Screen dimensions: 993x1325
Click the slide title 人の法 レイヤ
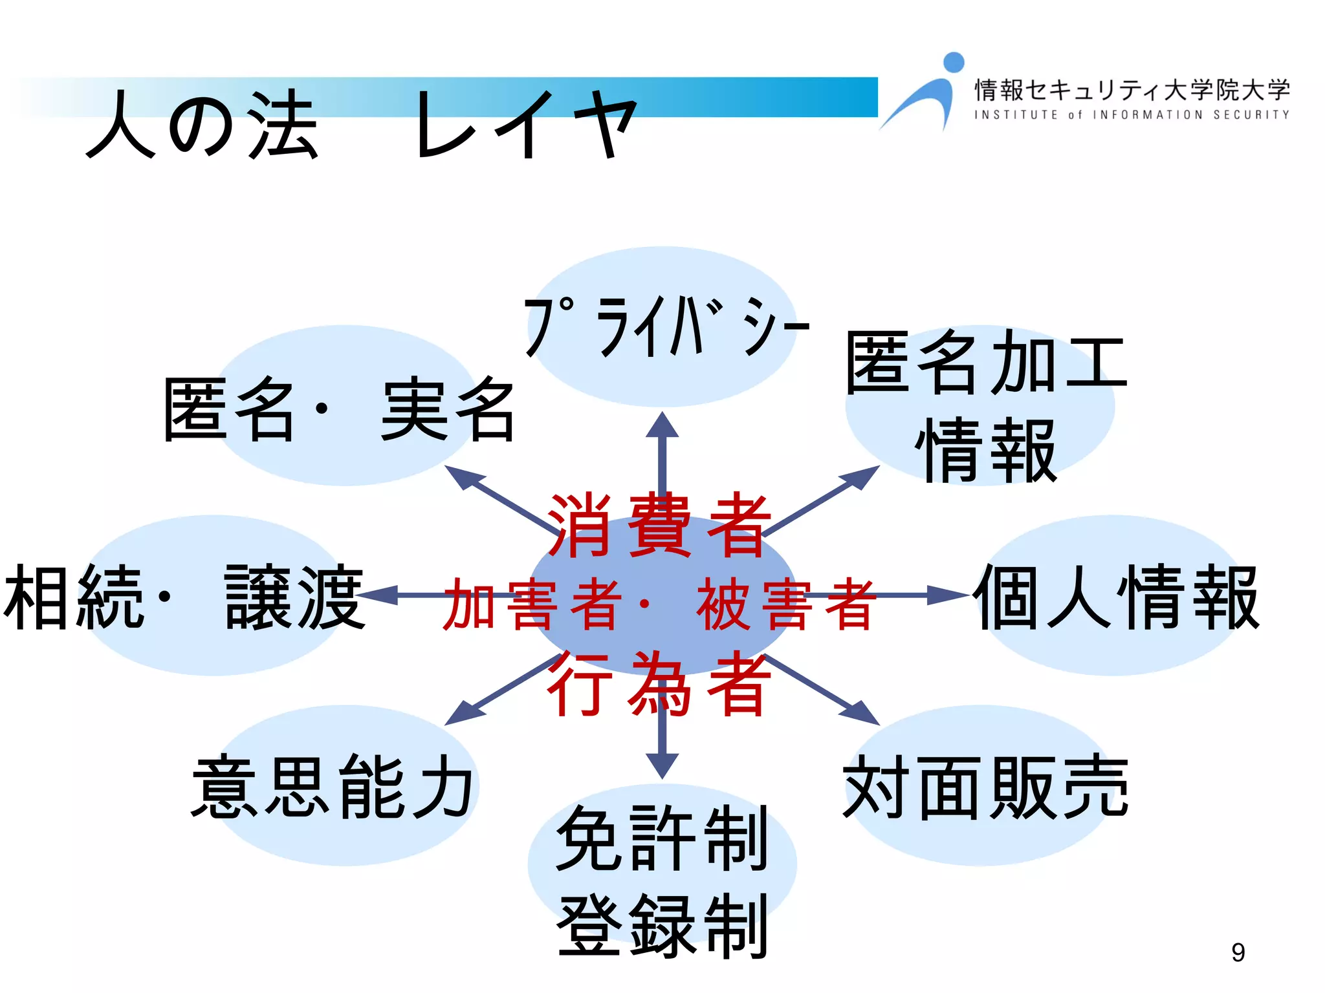pos(362,124)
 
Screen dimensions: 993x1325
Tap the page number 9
pos(1238,952)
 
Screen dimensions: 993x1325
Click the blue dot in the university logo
pos(954,62)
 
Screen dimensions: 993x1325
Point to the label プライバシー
pos(666,326)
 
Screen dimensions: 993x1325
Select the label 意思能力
pos(333,786)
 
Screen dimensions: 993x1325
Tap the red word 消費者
pos(660,525)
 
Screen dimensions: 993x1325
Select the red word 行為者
pos(660,684)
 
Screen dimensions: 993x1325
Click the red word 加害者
pos(532,604)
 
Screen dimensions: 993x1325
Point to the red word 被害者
pos(787,604)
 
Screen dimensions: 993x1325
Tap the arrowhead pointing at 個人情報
pos(948,595)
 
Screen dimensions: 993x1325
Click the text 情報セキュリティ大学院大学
pos(1132,90)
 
